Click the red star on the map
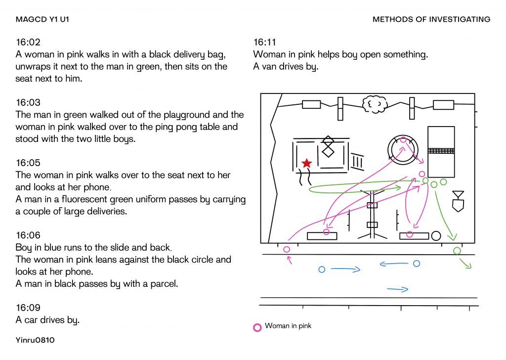pyautogui.click(x=307, y=163)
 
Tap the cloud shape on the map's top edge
pyautogui.click(x=374, y=104)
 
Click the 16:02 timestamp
pyautogui.click(x=28, y=43)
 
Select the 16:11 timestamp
pyautogui.click(x=265, y=43)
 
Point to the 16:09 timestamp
pyautogui.click(x=28, y=308)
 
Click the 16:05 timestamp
pyautogui.click(x=28, y=163)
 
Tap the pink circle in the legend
pyautogui.click(x=257, y=327)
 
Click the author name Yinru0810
pyautogui.click(x=35, y=340)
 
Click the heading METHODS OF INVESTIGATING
pyautogui.click(x=431, y=20)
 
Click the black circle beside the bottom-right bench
pyautogui.click(x=436, y=236)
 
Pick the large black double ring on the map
pyautogui.click(x=403, y=148)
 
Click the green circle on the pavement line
pyautogui.click(x=457, y=251)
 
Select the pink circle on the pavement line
pyautogui.click(x=287, y=250)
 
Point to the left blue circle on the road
pyautogui.click(x=322, y=270)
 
